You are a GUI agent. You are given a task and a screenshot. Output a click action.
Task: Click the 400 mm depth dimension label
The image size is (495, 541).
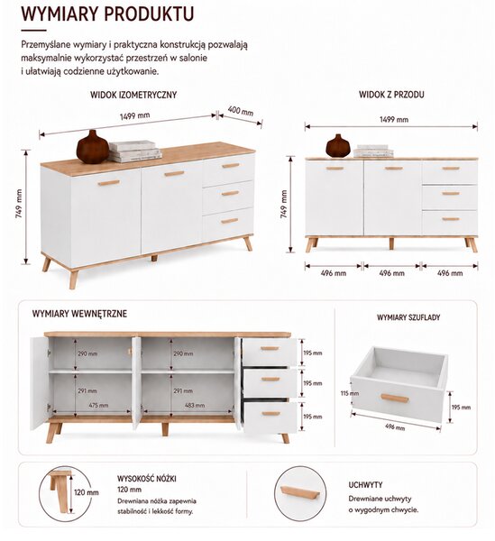point(241,111)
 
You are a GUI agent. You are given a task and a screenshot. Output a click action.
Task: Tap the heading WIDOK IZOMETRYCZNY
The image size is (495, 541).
point(133,95)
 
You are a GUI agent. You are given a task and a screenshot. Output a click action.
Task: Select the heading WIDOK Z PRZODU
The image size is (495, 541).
point(391,95)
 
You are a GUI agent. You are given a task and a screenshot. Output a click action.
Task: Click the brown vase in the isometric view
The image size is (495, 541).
point(93,147)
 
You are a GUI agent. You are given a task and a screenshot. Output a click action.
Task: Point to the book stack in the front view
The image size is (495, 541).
point(373,151)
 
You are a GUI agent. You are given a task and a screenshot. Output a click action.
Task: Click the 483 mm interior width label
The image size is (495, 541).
point(195,406)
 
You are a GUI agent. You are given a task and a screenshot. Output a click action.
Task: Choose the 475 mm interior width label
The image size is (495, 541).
point(98,406)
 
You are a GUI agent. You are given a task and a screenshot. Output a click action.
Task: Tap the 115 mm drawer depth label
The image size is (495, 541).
point(350,393)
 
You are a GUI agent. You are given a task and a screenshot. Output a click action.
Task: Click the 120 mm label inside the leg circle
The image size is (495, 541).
point(87,492)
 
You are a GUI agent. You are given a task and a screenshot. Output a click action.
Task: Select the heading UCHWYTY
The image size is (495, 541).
point(365,485)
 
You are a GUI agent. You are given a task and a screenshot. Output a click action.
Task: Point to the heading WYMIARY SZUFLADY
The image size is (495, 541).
point(408,317)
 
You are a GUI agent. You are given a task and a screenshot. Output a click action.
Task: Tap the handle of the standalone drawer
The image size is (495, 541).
point(395,399)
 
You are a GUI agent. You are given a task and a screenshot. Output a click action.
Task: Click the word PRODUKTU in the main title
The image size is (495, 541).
point(149,14)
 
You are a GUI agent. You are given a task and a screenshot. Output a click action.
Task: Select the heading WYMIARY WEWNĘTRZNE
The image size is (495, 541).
point(79,314)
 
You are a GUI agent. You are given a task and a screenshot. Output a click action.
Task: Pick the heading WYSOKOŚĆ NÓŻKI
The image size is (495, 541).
point(147,479)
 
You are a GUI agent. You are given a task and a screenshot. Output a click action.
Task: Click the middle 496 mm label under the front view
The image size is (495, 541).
point(391,273)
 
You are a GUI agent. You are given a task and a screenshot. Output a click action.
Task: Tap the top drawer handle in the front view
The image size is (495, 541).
point(451,169)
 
